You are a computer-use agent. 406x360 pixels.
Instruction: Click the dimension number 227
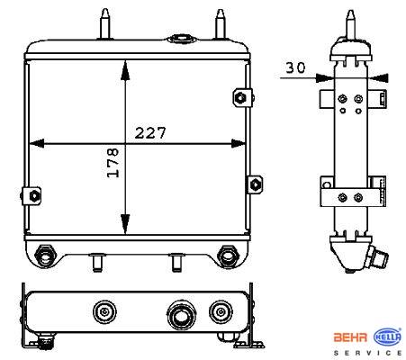(x=150, y=132)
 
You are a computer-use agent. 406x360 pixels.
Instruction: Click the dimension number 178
(x=113, y=163)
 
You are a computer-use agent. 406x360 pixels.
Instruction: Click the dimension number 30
(x=295, y=67)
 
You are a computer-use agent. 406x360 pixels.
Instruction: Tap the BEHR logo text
(x=350, y=337)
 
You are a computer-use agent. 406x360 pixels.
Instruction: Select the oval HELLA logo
(x=387, y=337)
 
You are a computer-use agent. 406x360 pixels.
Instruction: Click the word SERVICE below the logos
(x=367, y=353)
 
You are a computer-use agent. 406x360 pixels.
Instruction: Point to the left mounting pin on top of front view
(x=104, y=23)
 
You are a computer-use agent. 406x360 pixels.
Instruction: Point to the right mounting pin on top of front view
(x=221, y=23)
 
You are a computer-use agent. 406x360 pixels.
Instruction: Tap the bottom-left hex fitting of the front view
(x=45, y=256)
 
